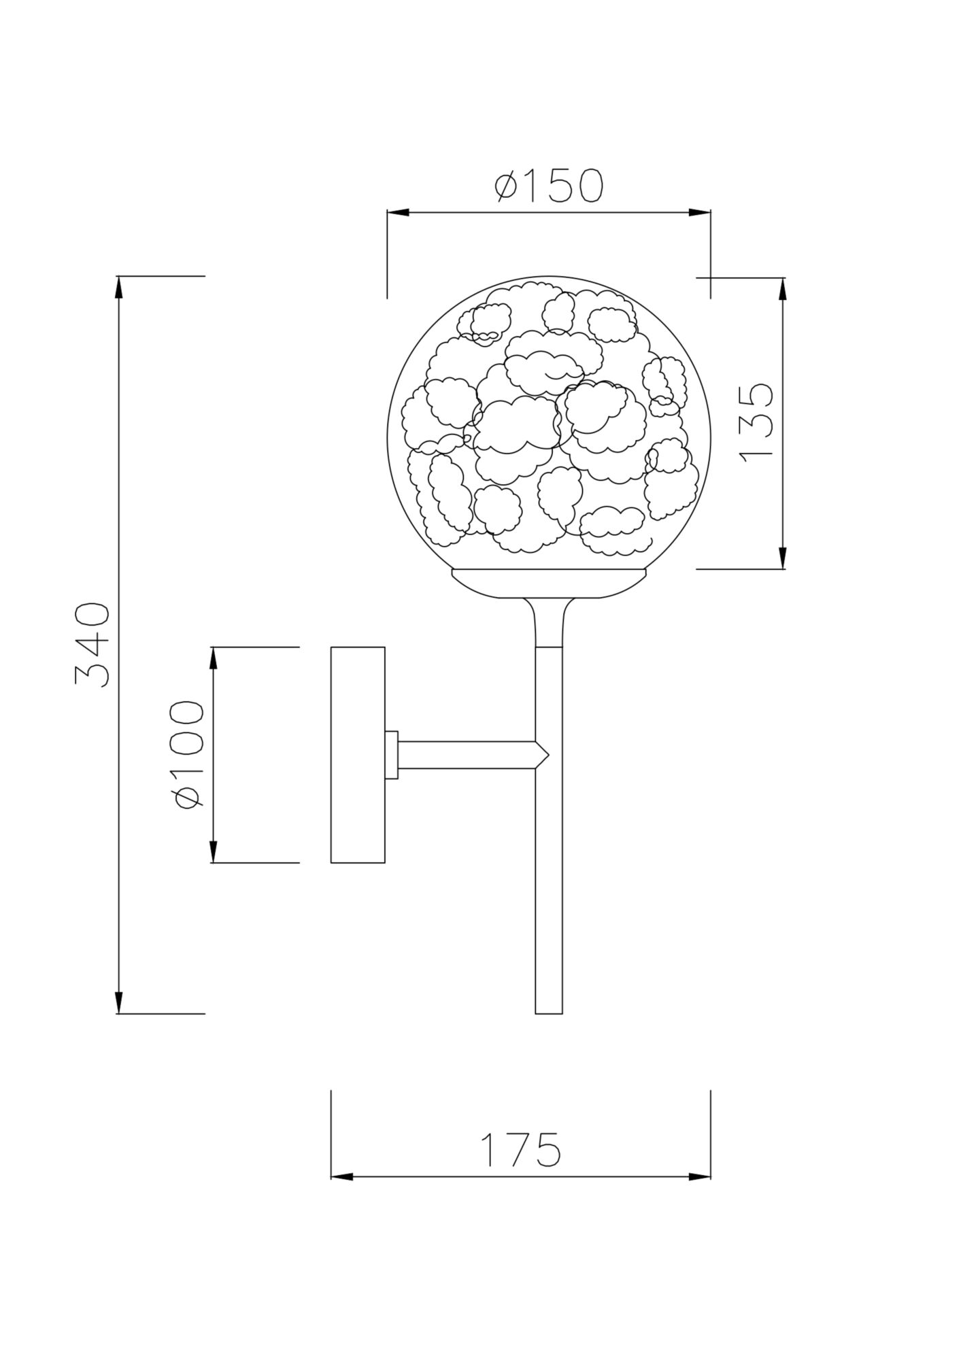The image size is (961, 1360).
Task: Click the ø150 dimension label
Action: pos(548,186)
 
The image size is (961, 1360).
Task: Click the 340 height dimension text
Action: pos(92,645)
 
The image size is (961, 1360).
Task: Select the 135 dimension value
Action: pos(756,423)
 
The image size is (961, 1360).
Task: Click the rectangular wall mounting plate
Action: pos(358,755)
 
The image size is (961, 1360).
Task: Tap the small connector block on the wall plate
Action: pos(391,755)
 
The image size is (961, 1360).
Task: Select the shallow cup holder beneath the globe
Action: pos(548,583)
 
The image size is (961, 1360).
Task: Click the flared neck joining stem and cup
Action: pos(548,622)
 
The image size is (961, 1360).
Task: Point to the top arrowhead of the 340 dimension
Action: pos(119,287)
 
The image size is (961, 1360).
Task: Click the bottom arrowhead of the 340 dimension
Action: pos(119,1003)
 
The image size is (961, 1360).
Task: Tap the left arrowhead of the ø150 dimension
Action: pos(399,213)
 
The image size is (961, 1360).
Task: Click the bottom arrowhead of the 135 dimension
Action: pos(783,558)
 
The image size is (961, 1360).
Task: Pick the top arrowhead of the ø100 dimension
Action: pos(213,658)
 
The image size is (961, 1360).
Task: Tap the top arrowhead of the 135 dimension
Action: pos(783,289)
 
